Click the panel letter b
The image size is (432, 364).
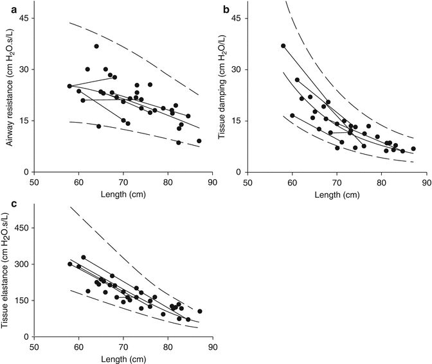pyautogui.click(x=226, y=9)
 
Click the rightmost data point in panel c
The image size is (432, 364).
pyautogui.click(x=200, y=311)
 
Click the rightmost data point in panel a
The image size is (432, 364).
pyautogui.click(x=199, y=141)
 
